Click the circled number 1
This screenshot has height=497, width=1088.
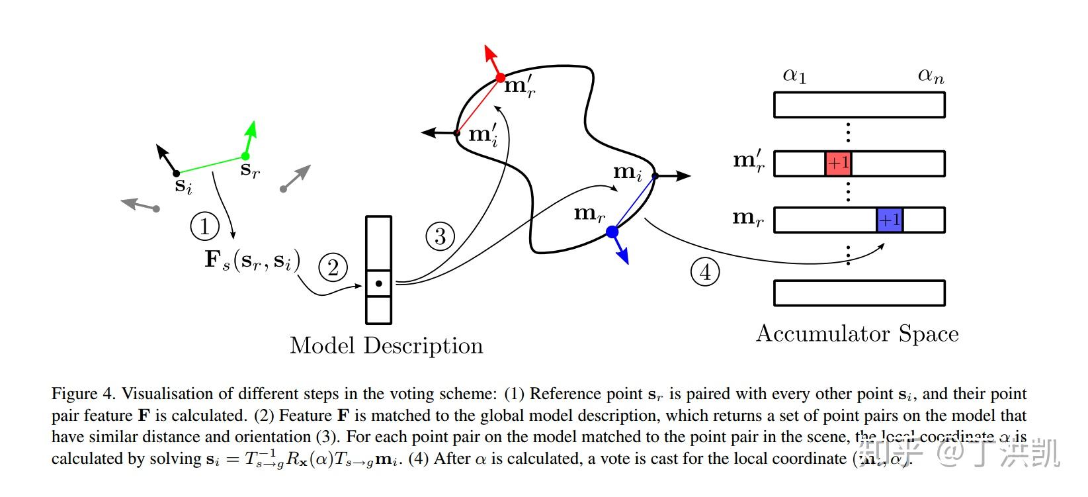pyautogui.click(x=204, y=226)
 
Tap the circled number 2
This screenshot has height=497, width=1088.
pyautogui.click(x=333, y=267)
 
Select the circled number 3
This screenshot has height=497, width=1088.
pyautogui.click(x=440, y=236)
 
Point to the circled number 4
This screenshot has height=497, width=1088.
pyautogui.click(x=705, y=272)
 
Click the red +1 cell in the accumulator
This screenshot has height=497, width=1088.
pyautogui.click(x=837, y=163)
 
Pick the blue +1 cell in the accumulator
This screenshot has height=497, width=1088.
pyautogui.click(x=890, y=220)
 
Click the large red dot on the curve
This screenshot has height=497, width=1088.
pyautogui.click(x=501, y=78)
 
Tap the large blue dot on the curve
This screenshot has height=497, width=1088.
pyautogui.click(x=612, y=232)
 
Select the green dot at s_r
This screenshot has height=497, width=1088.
pyautogui.click(x=245, y=156)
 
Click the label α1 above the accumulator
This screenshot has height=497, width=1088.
pyautogui.click(x=794, y=75)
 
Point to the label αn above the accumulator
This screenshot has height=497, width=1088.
pyautogui.click(x=931, y=75)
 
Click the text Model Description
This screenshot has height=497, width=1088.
pyautogui.click(x=386, y=345)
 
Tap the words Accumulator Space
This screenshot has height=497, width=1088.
pyautogui.click(x=857, y=333)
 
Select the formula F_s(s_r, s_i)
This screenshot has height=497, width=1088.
pyautogui.click(x=252, y=259)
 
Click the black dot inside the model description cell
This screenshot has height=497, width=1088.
pyautogui.click(x=378, y=284)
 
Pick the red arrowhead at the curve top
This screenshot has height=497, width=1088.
pyautogui.click(x=489, y=53)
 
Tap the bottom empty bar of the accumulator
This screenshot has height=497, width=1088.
pyautogui.click(x=859, y=293)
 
